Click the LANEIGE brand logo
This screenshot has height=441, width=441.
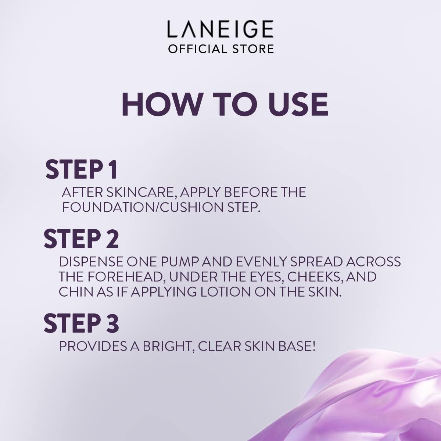pyautogui.click(x=220, y=29)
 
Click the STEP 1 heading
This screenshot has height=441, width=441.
pyautogui.click(x=81, y=170)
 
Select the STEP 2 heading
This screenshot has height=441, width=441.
pyautogui.click(x=81, y=239)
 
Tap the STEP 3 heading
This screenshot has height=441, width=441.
pyautogui.click(x=81, y=323)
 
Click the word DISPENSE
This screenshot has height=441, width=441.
pyautogui.click(x=91, y=262)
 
